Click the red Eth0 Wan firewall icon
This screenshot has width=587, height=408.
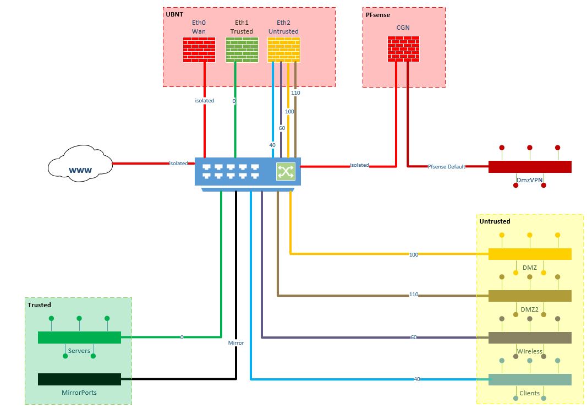pyautogui.click(x=199, y=50)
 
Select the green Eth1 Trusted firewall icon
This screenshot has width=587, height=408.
pyautogui.click(x=242, y=50)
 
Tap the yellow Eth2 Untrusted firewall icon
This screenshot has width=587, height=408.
pyautogui.click(x=283, y=50)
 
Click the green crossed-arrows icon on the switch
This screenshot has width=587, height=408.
pyautogui.click(x=286, y=171)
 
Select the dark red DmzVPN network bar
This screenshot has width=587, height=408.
pyautogui.click(x=529, y=166)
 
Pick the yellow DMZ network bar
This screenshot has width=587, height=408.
pyautogui.click(x=529, y=254)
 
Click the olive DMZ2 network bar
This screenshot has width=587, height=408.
pyautogui.click(x=529, y=296)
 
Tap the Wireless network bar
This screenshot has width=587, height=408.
pyautogui.click(x=529, y=338)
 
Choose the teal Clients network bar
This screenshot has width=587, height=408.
pyautogui.click(x=529, y=379)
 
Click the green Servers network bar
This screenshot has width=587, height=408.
pyautogui.click(x=79, y=337)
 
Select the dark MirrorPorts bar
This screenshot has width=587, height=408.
pyautogui.click(x=79, y=379)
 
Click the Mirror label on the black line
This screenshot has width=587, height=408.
pyautogui.click(x=236, y=342)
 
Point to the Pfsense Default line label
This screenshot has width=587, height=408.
pyautogui.click(x=446, y=166)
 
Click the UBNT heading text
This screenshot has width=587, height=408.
pyautogui.click(x=174, y=13)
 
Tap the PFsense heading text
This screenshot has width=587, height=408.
pyautogui.click(x=378, y=15)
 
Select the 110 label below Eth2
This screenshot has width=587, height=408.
pyautogui.click(x=295, y=93)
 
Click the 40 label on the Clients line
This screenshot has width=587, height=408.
pyautogui.click(x=416, y=379)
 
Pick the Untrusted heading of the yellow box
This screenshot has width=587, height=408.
pyautogui.click(x=495, y=221)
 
